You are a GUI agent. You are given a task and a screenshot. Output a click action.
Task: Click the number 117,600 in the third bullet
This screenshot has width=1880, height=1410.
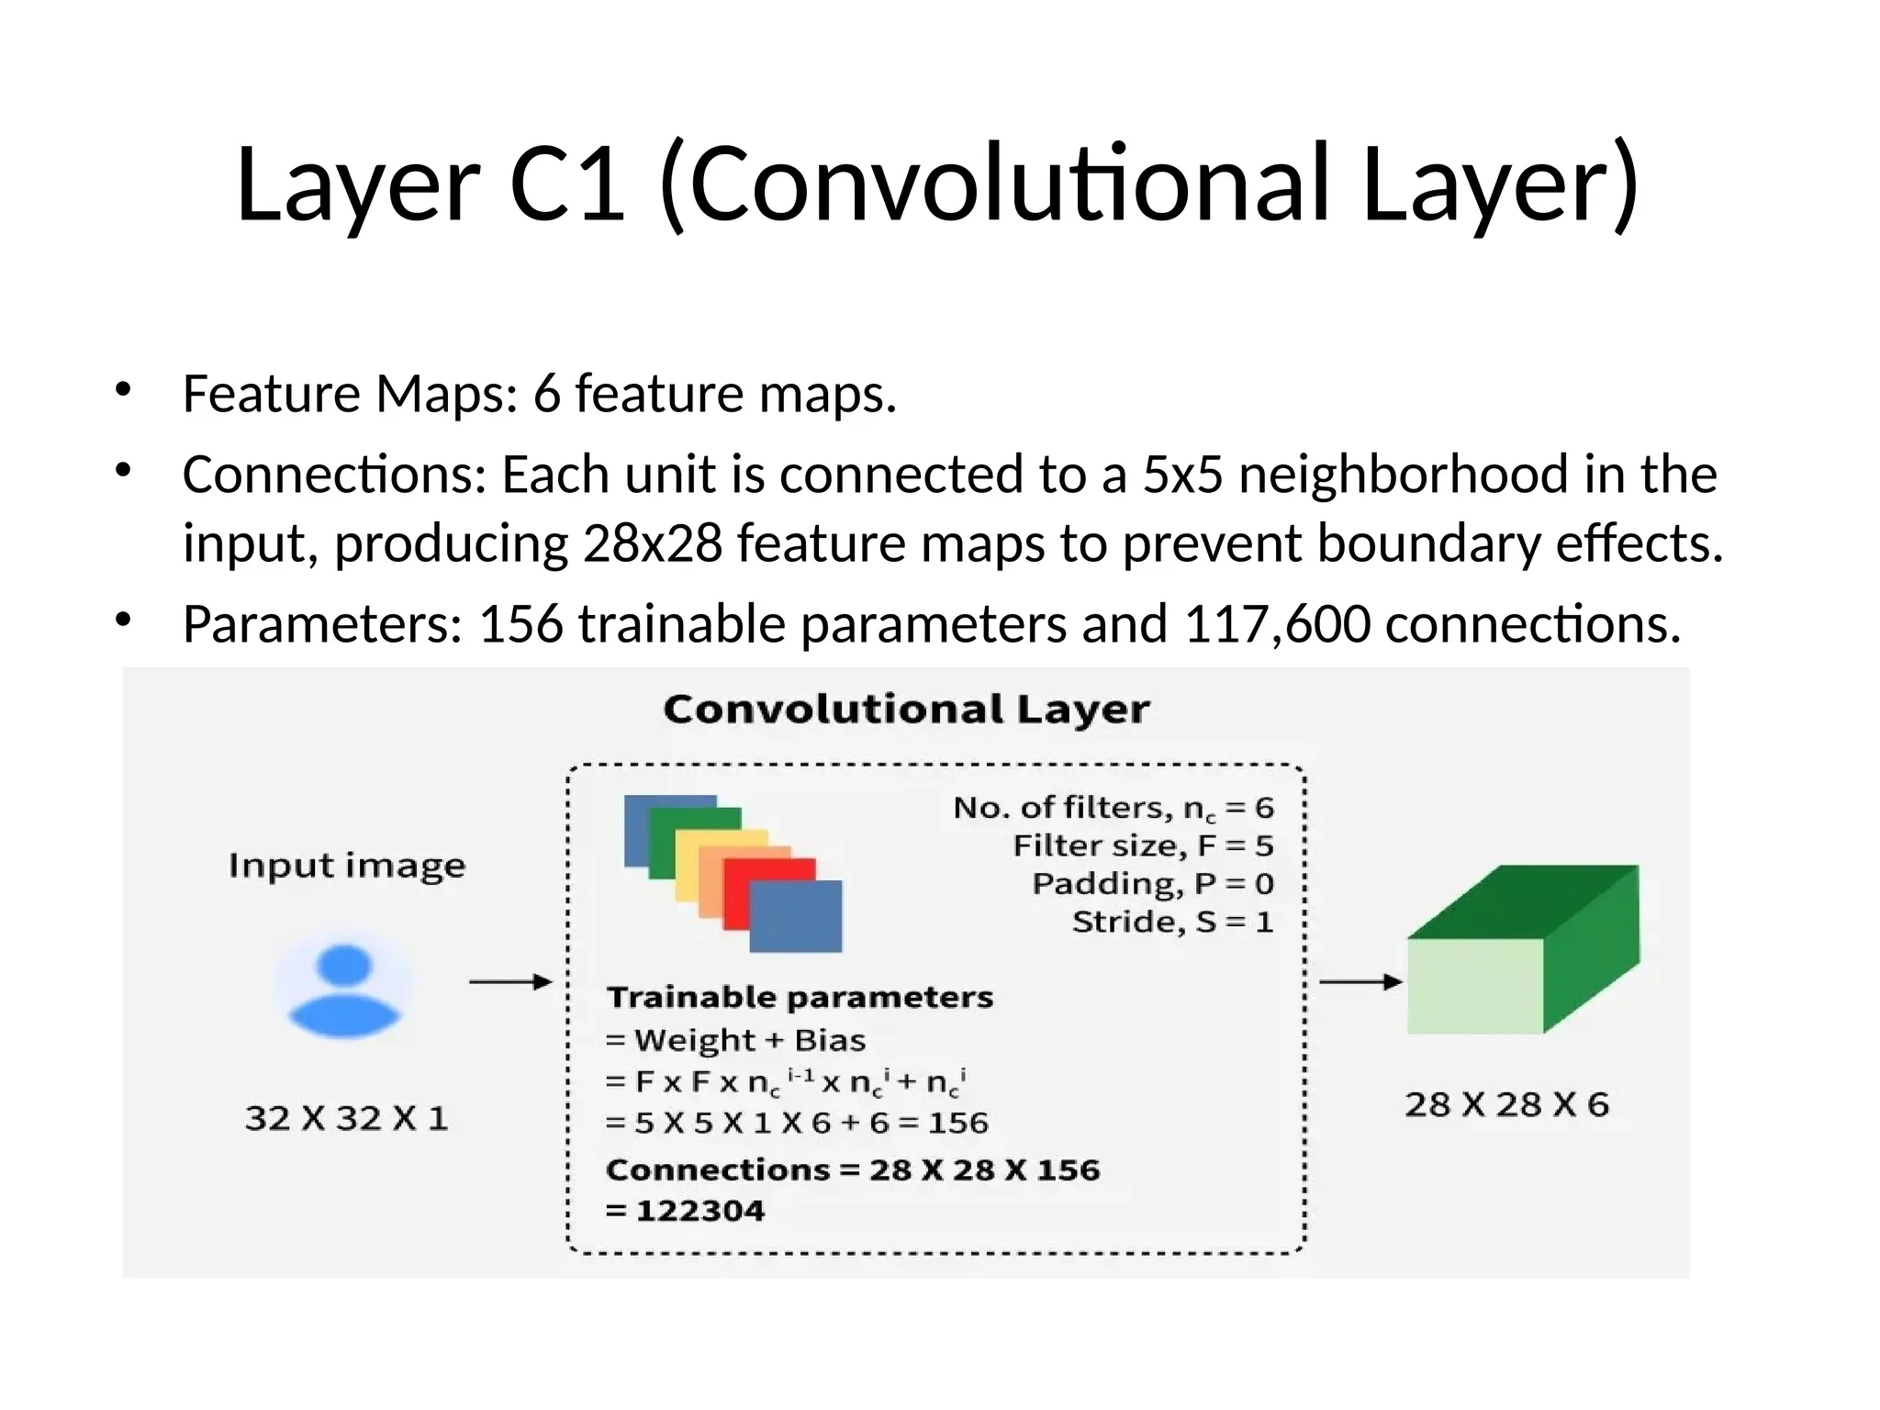[1277, 624]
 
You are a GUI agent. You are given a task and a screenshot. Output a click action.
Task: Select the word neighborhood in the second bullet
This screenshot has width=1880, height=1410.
[1403, 475]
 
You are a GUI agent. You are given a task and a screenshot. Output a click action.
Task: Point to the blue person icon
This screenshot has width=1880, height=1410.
[344, 990]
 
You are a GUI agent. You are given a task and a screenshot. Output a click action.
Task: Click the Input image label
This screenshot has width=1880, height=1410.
[347, 866]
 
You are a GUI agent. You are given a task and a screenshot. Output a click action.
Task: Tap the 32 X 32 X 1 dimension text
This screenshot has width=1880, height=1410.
[347, 1118]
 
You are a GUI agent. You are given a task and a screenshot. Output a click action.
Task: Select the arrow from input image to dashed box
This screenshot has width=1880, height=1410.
[510, 982]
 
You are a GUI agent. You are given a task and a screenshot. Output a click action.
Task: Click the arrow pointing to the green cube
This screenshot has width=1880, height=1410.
[1360, 982]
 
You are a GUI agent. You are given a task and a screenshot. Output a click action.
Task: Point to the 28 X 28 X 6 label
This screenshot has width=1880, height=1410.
[1506, 1104]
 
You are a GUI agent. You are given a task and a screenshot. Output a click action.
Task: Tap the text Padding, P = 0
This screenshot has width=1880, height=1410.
[1153, 884]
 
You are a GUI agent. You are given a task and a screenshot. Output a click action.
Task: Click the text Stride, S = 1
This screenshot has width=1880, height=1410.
[1173, 922]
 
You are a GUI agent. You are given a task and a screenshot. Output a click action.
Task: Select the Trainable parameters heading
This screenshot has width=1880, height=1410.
[800, 997]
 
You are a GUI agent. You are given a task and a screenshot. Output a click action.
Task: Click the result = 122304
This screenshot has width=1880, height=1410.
[685, 1211]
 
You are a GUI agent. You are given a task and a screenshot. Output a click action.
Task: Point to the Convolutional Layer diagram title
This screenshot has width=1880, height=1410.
[906, 710]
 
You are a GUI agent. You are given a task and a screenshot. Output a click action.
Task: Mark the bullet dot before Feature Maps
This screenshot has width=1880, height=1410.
[123, 390]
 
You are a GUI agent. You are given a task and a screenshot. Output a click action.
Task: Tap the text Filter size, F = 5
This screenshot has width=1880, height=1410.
[1143, 845]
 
